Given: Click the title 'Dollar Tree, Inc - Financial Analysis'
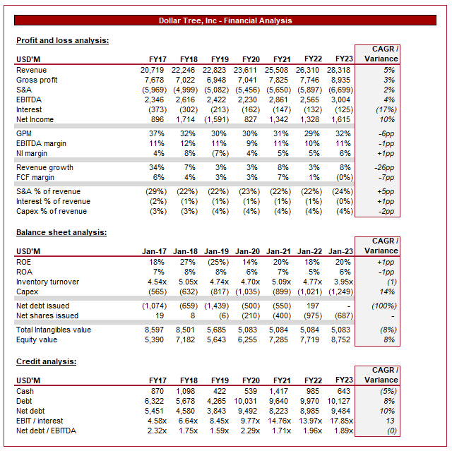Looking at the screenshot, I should pos(225,20).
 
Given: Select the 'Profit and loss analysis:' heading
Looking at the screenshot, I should pos(62,40).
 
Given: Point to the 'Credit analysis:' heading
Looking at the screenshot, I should pos(47,361).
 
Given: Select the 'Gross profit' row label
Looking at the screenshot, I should pos(37,80).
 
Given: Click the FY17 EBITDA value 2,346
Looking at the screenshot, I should pos(153,100).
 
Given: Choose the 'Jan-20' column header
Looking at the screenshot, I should pos(247,251).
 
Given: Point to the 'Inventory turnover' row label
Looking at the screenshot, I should pos(47,282).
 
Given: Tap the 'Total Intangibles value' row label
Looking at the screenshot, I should pos(54,330).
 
